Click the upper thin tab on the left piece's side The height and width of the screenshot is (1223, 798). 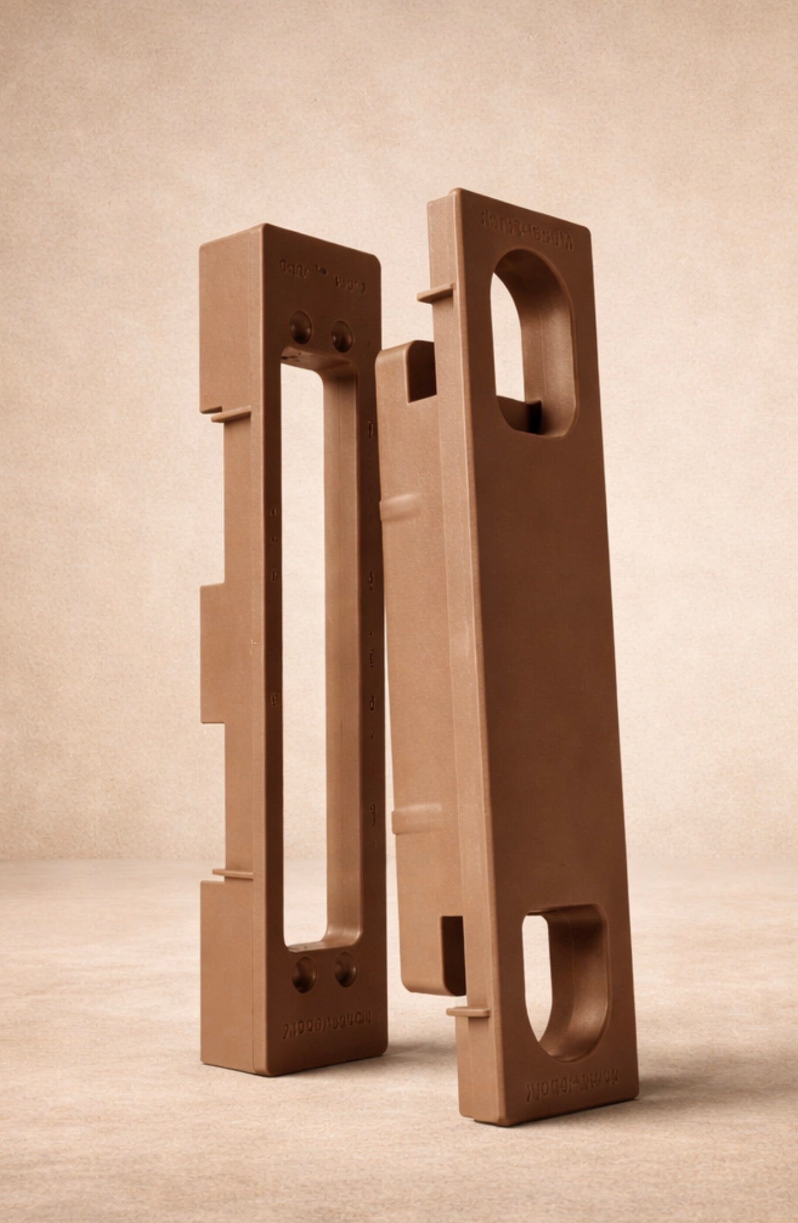230,414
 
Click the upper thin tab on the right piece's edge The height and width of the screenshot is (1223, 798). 435,293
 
